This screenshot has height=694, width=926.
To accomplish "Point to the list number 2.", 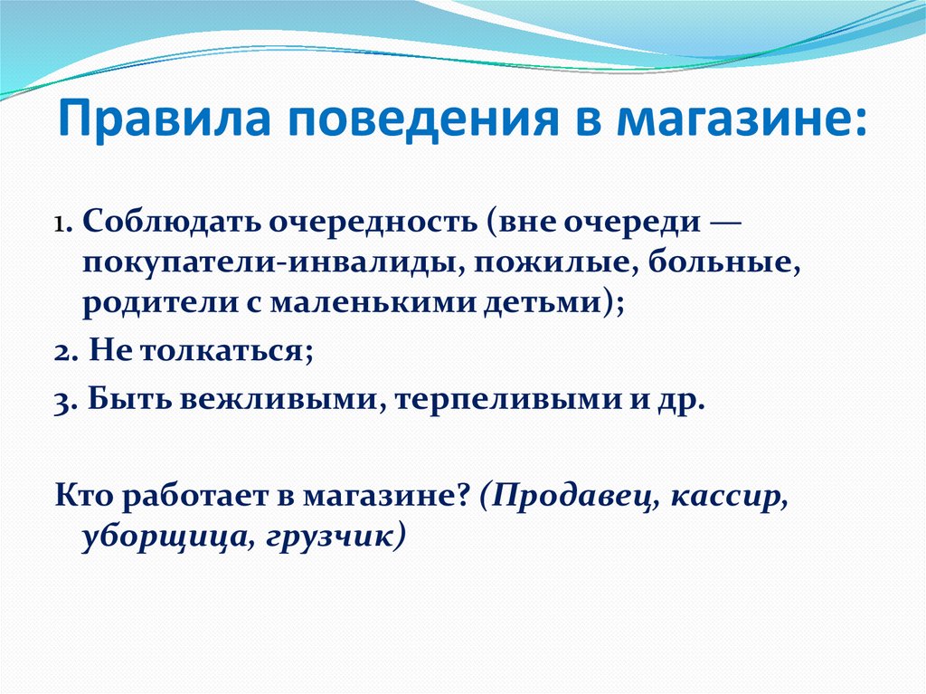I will pyautogui.click(x=64, y=352).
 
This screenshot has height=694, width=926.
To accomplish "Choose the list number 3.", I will pyautogui.click(x=64, y=401).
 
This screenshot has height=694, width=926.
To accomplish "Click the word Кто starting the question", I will pyautogui.click(x=85, y=496).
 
